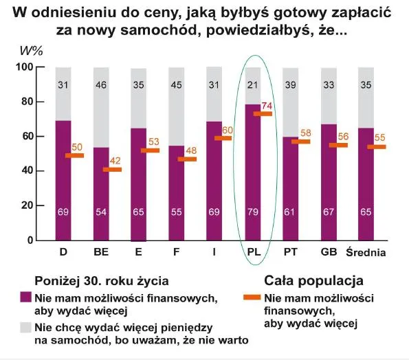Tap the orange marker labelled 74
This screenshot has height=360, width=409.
coord(263,113)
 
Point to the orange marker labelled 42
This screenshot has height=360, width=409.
coord(111,169)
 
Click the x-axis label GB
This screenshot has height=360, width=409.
coord(328,252)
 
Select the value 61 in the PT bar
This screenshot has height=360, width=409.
coord(290,213)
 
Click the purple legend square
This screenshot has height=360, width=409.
coord(25,297)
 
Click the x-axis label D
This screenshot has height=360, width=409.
coord(63,252)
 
